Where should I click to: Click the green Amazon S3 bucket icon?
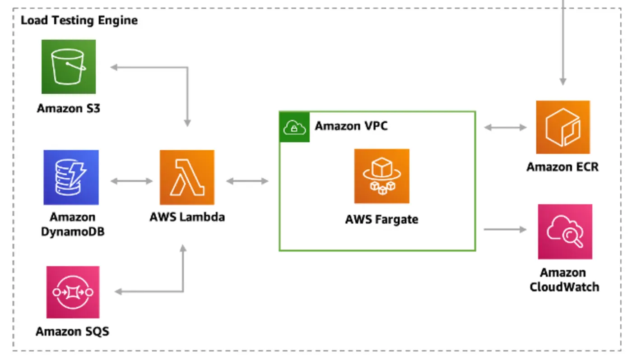[x=69, y=67]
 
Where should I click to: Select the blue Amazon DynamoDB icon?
[x=71, y=177]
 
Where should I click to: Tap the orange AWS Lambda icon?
[x=187, y=177]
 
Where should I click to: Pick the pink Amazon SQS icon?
[x=73, y=292]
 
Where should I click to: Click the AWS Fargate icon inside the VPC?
[x=381, y=176]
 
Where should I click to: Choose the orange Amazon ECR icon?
[x=562, y=127]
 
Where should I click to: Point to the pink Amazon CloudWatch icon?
[x=565, y=232]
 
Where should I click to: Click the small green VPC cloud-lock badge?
[x=294, y=127]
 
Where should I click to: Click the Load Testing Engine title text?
[x=79, y=20]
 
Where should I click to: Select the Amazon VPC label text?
[x=351, y=126]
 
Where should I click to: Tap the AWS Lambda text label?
[x=187, y=217]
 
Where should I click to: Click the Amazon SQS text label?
[x=72, y=332]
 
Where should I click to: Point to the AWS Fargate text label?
[x=381, y=220]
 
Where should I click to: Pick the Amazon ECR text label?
[x=562, y=167]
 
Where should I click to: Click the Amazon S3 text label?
[x=68, y=108]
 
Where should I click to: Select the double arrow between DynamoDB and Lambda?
[x=132, y=181]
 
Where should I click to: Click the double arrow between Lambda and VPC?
[x=247, y=181]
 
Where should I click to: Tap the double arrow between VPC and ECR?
[x=505, y=128]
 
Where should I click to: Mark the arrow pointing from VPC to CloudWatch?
[x=505, y=230]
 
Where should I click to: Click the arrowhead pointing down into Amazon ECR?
[x=562, y=81]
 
